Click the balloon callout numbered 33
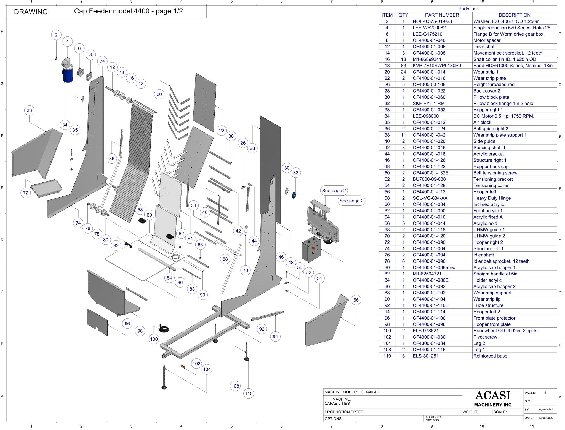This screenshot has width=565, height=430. (x=29, y=110)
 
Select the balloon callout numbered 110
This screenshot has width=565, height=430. (x=249, y=393)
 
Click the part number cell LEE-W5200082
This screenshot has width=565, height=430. (x=429, y=28)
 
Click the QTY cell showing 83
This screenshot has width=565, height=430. (x=403, y=66)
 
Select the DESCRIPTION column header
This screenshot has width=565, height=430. (x=514, y=15)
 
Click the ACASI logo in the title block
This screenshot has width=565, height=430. (x=493, y=396)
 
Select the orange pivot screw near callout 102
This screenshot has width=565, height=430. (x=182, y=366)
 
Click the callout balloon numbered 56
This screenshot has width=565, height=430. (x=356, y=300)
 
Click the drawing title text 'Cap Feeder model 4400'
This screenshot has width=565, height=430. (x=128, y=11)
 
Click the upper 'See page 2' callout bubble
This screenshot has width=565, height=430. (x=334, y=191)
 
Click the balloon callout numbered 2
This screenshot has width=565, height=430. (x=56, y=35)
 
